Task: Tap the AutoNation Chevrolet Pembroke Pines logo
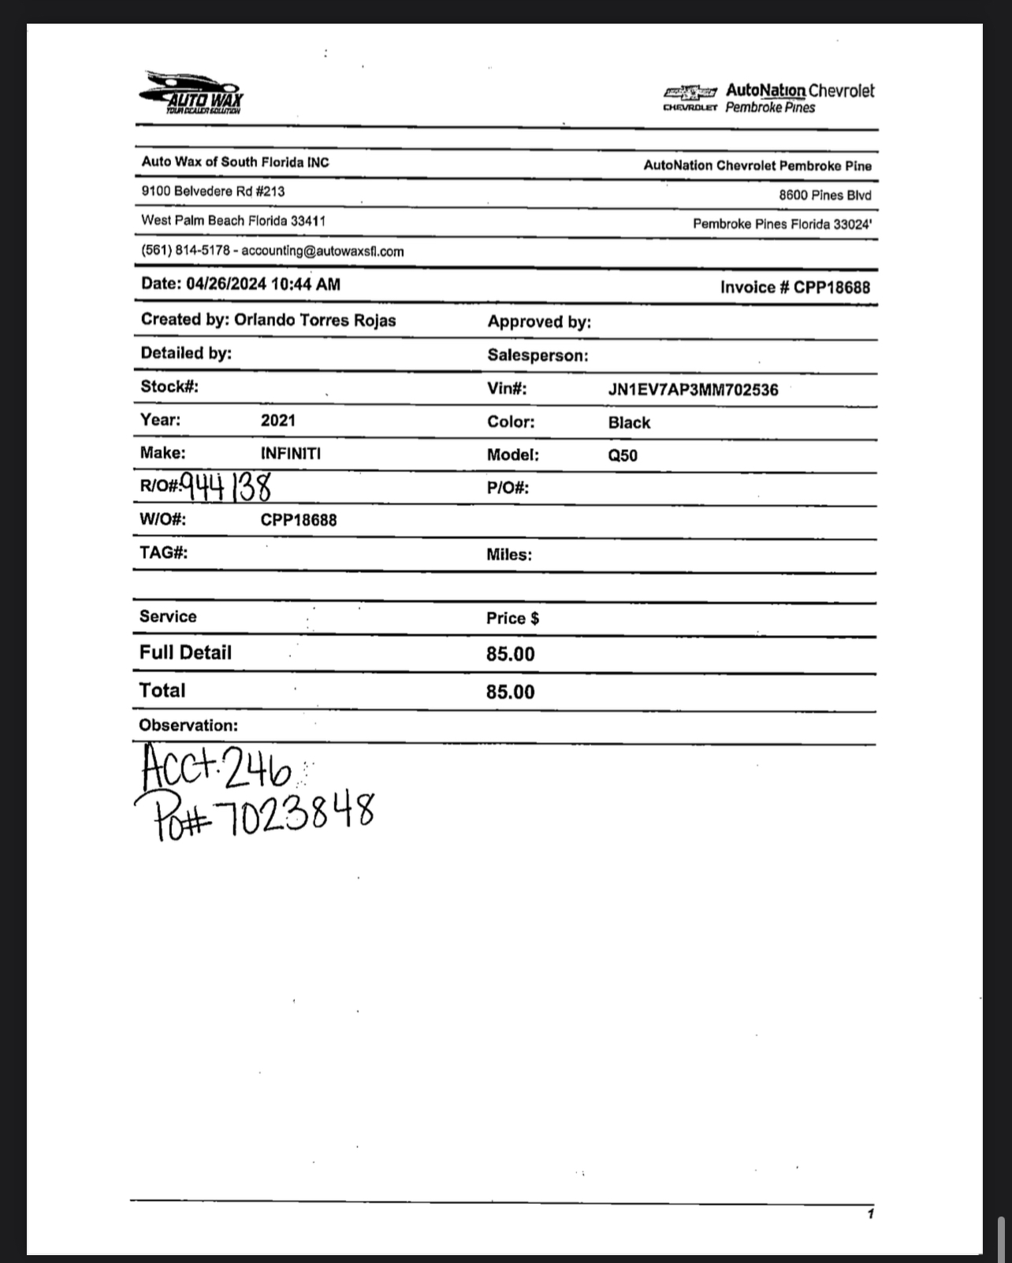point(768,98)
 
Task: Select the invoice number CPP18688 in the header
point(832,287)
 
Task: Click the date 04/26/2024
point(225,284)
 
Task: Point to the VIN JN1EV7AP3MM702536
point(693,389)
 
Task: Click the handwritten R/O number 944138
point(226,486)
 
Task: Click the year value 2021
point(278,420)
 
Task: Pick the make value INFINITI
point(291,454)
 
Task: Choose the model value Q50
point(623,455)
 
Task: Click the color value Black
point(629,422)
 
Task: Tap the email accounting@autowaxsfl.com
point(322,251)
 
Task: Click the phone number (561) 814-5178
point(185,251)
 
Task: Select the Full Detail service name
point(185,652)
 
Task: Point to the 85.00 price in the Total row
point(510,692)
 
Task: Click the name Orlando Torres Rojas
point(314,320)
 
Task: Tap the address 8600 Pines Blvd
point(824,195)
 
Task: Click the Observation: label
point(188,725)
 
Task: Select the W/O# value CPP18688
point(299,520)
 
